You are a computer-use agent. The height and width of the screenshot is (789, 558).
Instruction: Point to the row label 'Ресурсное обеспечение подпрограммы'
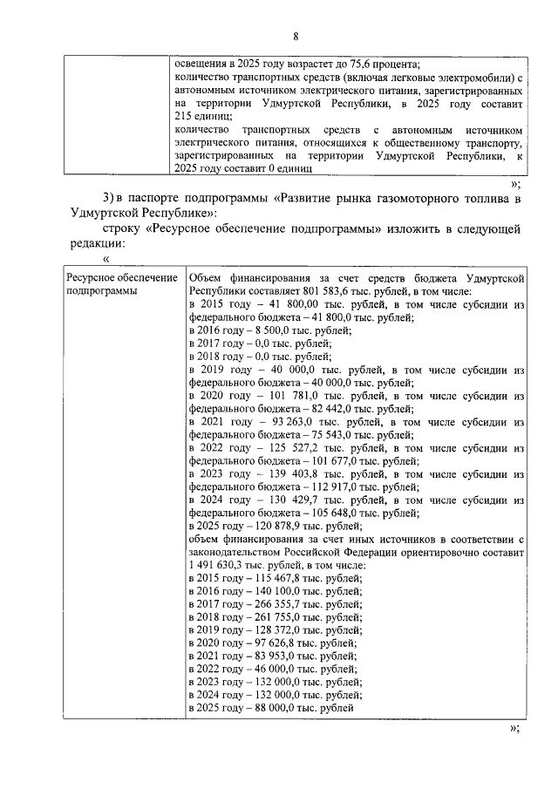coord(113,284)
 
